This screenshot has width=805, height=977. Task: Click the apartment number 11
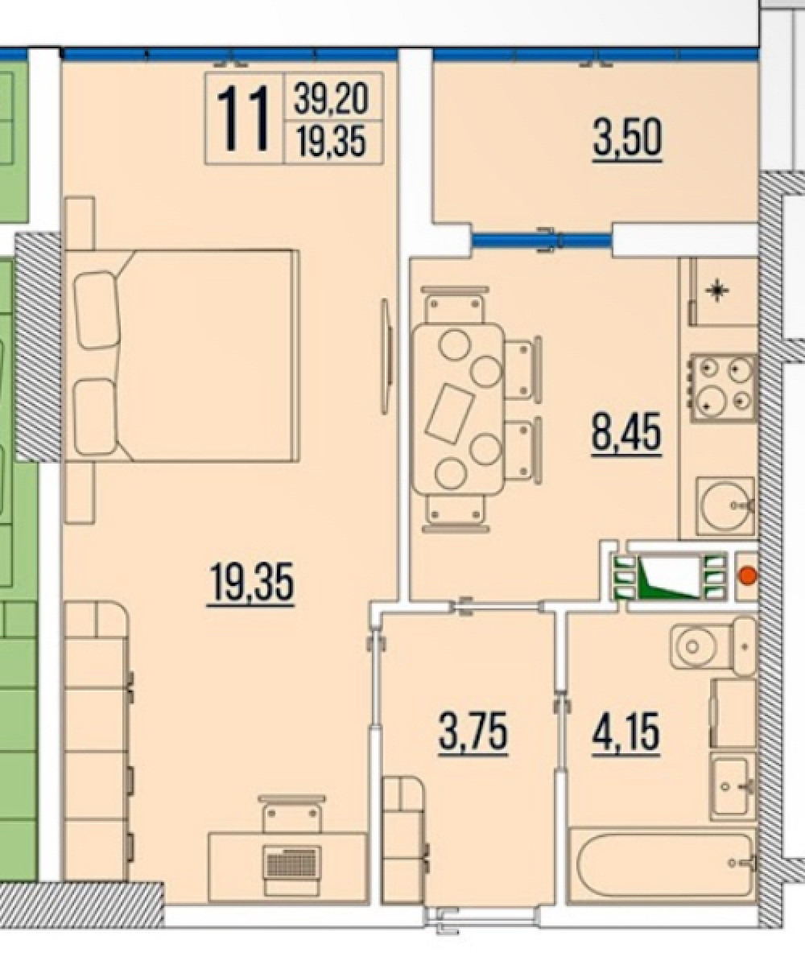coord(243,119)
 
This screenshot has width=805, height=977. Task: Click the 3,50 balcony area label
coord(627,138)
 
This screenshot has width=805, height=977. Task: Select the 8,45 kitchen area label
coord(626,432)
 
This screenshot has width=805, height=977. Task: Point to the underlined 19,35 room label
coord(251,583)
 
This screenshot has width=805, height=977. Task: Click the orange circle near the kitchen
coord(747,575)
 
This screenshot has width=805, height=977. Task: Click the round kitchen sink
coord(725,505)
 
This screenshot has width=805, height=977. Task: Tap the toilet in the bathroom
coord(713,645)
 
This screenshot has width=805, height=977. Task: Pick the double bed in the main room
coord(182,356)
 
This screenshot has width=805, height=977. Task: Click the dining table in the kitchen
coord(458,410)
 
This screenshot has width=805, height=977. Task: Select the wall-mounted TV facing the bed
coord(386,357)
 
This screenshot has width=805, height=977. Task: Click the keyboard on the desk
coord(292,860)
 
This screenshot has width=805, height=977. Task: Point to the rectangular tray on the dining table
coord(450,414)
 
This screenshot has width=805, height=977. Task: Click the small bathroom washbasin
coord(733,787)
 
